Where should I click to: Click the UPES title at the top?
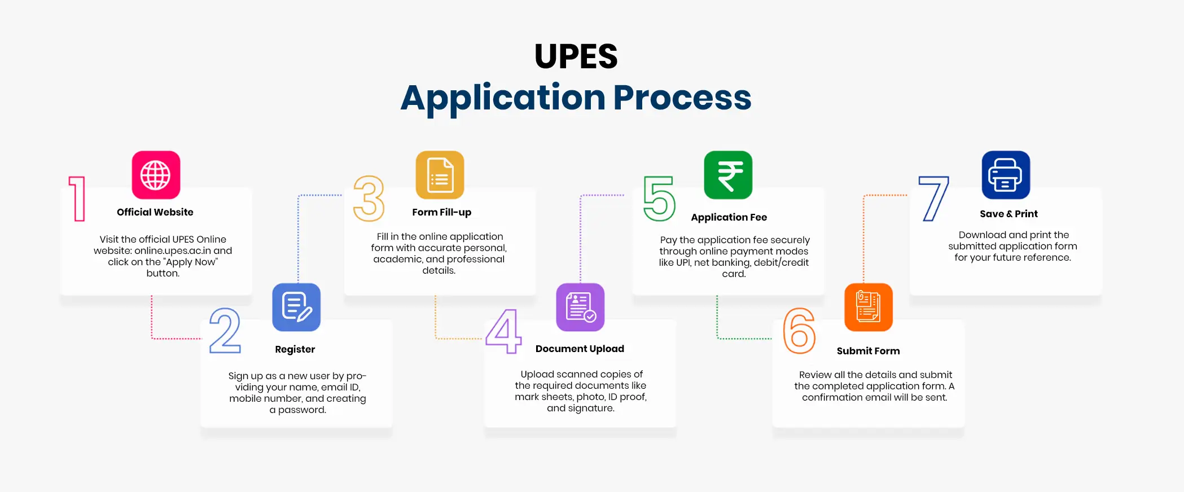(576, 56)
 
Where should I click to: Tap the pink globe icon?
(156, 175)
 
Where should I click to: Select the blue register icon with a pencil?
(296, 307)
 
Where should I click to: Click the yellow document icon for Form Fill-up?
(440, 175)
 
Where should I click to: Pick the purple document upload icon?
(580, 307)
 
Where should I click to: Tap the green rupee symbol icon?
(728, 175)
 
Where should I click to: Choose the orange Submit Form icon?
(869, 307)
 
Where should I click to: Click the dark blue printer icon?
(1006, 175)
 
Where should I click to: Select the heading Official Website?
(155, 212)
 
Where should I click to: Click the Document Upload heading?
(580, 349)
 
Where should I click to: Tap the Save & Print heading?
(1008, 214)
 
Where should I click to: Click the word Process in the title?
(682, 98)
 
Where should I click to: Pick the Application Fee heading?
(729, 217)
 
